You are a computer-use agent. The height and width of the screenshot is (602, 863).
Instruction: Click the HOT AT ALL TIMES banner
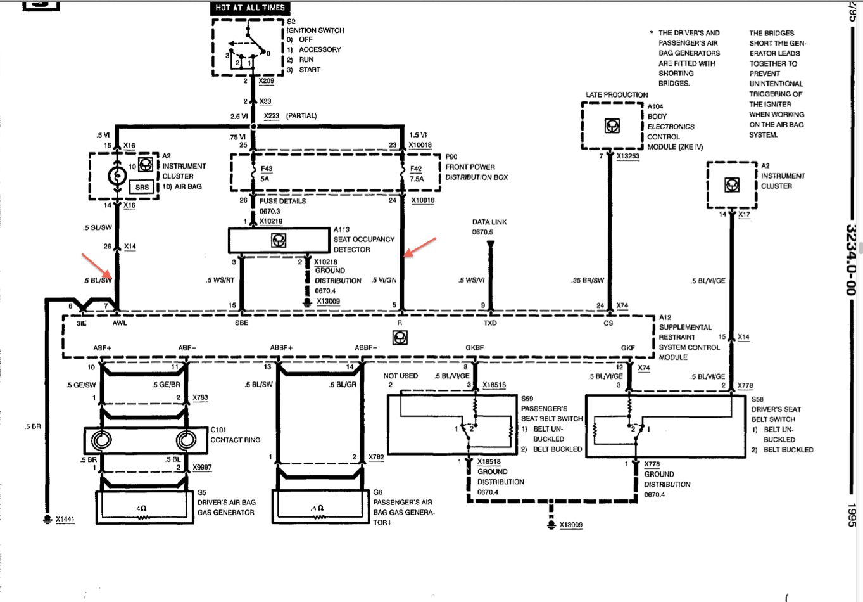point(250,8)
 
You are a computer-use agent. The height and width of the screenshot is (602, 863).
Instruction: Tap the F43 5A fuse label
point(266,174)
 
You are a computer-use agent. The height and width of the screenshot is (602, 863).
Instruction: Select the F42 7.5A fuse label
point(417,174)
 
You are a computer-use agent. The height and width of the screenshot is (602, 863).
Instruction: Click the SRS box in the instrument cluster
point(142,187)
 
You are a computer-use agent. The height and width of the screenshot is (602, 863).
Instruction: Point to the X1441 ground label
point(65,519)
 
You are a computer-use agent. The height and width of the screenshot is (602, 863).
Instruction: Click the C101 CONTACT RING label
point(235,435)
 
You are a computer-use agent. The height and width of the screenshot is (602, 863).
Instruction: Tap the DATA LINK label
point(489,222)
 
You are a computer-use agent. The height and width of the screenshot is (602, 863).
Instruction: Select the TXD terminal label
point(490,323)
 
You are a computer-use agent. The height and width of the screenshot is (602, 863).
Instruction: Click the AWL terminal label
point(120,323)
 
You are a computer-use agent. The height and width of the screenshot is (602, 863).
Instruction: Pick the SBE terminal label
point(242,323)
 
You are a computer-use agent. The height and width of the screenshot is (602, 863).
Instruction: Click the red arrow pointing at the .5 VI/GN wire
point(420,247)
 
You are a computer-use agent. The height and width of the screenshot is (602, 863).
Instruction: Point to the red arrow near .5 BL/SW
point(97,266)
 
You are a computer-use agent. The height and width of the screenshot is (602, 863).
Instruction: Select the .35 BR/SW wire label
point(588,280)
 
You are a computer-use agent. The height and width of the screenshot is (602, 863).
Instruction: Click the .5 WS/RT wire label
point(220,280)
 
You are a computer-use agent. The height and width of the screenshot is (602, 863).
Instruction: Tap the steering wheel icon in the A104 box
point(612,125)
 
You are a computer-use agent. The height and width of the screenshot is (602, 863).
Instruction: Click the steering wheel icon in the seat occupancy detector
point(279,240)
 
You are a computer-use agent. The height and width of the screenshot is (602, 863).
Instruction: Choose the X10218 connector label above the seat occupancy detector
point(270,221)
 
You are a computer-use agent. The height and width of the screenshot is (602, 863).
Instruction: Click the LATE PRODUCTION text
point(617,94)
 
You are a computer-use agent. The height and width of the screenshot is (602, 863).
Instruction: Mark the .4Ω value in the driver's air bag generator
point(141,509)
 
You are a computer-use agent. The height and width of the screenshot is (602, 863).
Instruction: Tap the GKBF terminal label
point(475,347)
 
